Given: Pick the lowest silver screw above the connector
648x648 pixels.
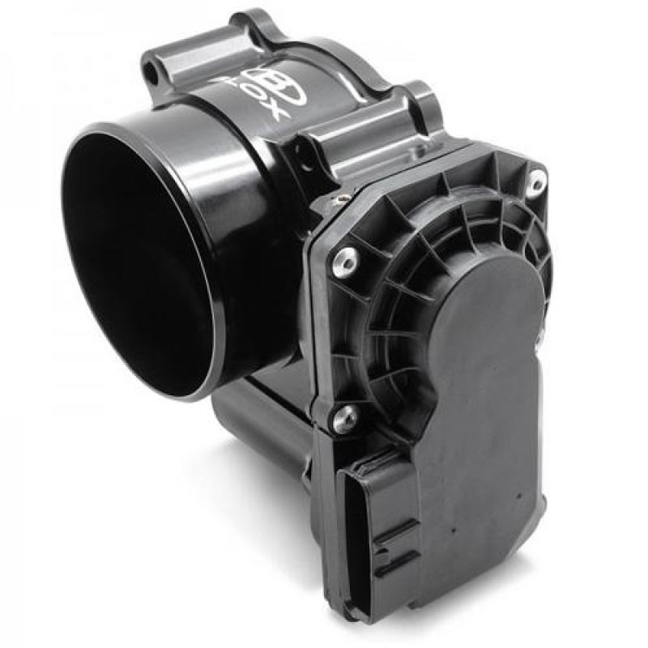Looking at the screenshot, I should pyautogui.click(x=347, y=417).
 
